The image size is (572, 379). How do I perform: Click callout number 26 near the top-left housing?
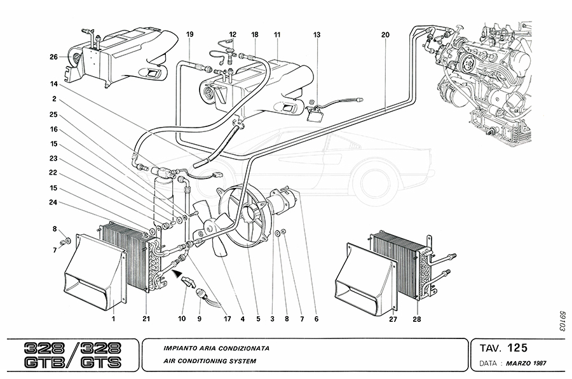(x=54, y=57)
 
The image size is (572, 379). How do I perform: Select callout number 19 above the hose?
(x=189, y=34)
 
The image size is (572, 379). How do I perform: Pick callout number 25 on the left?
(x=54, y=114)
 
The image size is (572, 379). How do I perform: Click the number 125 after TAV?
(x=517, y=348)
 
